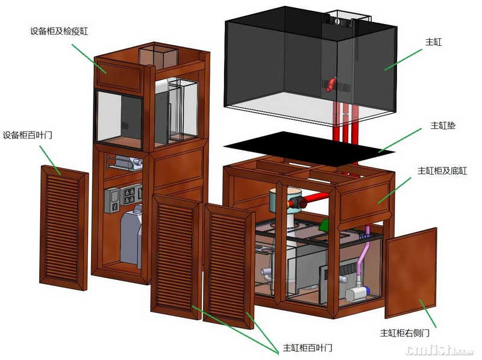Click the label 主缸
click(x=433, y=42)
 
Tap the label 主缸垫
click(x=443, y=125)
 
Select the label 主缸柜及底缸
click(x=442, y=171)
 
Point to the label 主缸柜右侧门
click(x=404, y=333)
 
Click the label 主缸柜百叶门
click(x=307, y=348)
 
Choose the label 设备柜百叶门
click(x=28, y=135)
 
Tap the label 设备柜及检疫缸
click(x=58, y=31)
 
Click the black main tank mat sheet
click(x=309, y=149)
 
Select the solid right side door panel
click(x=410, y=273)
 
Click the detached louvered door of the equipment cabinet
click(x=64, y=228)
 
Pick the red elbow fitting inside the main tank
click(x=331, y=84)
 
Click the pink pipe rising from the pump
click(x=363, y=258)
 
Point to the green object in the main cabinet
click(x=324, y=226)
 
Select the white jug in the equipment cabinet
click(x=131, y=237)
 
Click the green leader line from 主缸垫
click(x=399, y=140)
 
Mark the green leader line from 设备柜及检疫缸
click(x=89, y=58)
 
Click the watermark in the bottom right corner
click(x=440, y=350)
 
